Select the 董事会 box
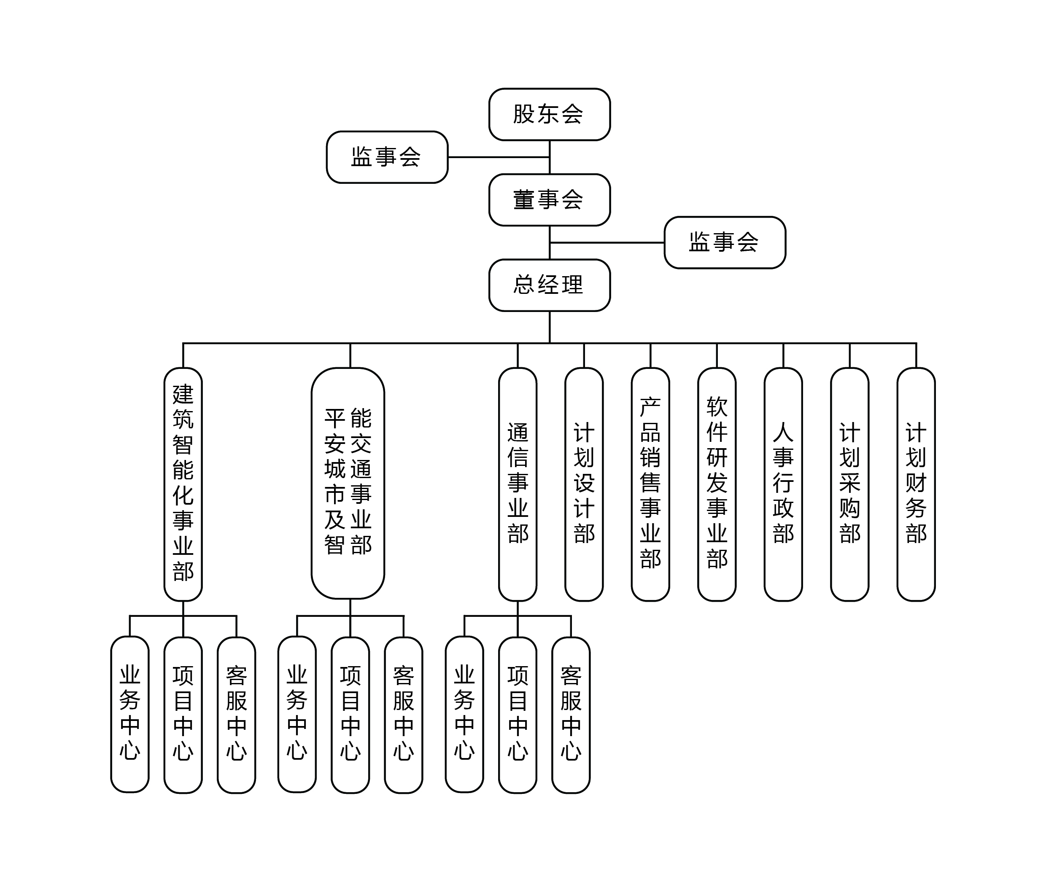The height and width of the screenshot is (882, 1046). click(x=549, y=200)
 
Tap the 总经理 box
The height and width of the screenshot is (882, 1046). click(x=549, y=285)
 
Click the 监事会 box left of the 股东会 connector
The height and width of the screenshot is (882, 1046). click(x=387, y=157)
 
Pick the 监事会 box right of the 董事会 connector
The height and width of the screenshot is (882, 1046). click(x=724, y=242)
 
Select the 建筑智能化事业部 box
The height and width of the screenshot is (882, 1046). click(x=183, y=484)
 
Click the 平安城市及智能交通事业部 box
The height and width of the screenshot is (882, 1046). click(x=348, y=483)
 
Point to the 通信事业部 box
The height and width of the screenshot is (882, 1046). click(x=518, y=484)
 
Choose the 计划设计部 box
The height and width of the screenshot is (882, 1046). click(x=584, y=484)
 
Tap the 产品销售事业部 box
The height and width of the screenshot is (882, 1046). click(x=650, y=484)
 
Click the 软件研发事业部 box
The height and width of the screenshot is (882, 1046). click(x=717, y=484)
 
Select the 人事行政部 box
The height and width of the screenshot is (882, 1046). click(x=783, y=484)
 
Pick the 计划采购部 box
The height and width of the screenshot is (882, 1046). click(x=849, y=484)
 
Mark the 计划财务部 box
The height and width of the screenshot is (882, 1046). click(x=916, y=484)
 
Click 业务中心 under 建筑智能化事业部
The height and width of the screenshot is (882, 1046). click(x=130, y=715)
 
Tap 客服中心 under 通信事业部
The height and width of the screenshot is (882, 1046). click(x=571, y=715)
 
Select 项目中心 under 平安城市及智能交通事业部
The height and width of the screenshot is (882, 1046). click(x=350, y=715)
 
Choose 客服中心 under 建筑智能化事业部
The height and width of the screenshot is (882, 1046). click(x=237, y=715)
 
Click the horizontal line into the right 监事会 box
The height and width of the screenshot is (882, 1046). click(x=608, y=242)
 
